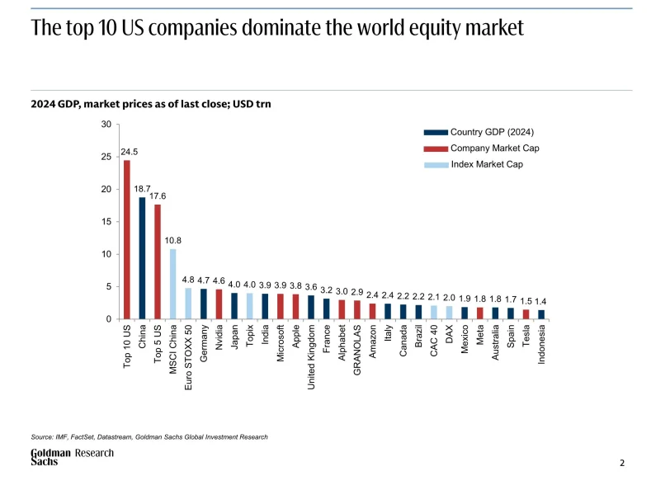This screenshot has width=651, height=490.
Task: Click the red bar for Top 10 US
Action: [127, 239]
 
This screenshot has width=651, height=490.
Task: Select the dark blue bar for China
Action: [142, 258]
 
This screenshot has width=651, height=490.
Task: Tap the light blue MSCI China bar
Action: [173, 284]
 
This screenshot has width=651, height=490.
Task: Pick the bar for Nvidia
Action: [219, 304]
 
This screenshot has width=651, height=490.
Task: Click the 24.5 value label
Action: [130, 152]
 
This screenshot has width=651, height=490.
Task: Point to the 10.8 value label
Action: [173, 241]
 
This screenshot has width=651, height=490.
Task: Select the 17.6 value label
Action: [158, 196]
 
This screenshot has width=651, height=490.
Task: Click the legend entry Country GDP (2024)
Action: [493, 132]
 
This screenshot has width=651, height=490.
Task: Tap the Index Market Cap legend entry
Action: [487, 164]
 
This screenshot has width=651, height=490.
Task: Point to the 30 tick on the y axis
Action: [106, 125]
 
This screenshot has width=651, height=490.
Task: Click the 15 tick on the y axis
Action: [106, 222]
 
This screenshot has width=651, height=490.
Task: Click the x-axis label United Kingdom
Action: [311, 357]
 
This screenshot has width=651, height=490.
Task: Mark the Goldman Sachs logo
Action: [50, 458]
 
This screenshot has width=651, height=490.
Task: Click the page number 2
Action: [622, 464]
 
